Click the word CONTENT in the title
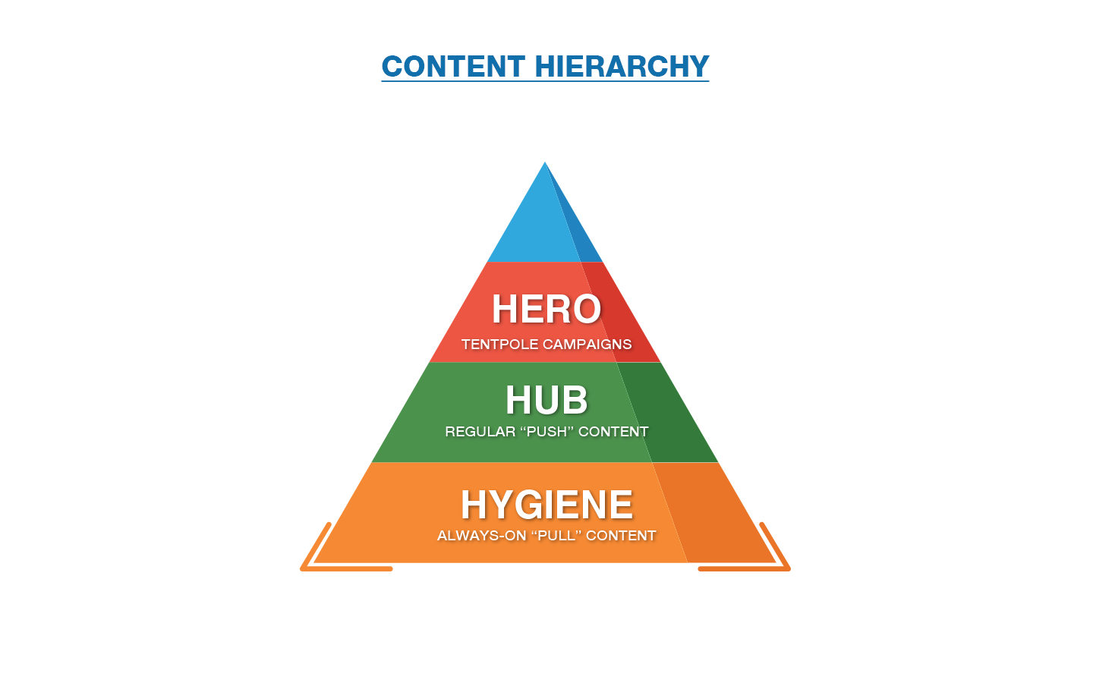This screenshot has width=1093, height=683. [x=453, y=66]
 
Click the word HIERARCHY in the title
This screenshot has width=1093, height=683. [x=622, y=66]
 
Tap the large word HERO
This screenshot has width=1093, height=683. [x=546, y=309]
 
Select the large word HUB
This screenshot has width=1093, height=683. [x=546, y=400]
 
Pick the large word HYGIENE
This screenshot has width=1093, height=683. [x=547, y=505]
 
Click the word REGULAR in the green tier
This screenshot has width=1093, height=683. [x=480, y=432]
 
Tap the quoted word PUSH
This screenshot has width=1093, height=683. [x=547, y=432]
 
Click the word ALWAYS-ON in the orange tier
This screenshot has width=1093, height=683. [x=481, y=536]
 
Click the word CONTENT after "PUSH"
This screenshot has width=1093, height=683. [x=613, y=432]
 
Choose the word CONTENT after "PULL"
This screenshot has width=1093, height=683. [x=621, y=536]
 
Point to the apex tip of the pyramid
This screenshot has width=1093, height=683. [x=545, y=162]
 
